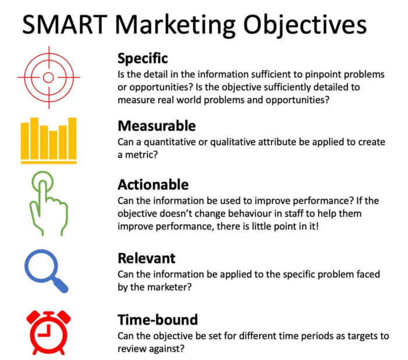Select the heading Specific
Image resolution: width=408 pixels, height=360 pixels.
(143, 58)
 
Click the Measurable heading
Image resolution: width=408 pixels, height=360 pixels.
(156, 126)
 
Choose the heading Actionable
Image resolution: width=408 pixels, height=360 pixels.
(153, 185)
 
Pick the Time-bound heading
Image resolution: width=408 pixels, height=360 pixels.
(157, 319)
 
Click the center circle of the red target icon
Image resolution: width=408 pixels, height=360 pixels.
(48, 77)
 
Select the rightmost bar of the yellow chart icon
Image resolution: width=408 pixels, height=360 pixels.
(72, 137)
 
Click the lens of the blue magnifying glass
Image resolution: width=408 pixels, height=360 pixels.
(41, 265)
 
